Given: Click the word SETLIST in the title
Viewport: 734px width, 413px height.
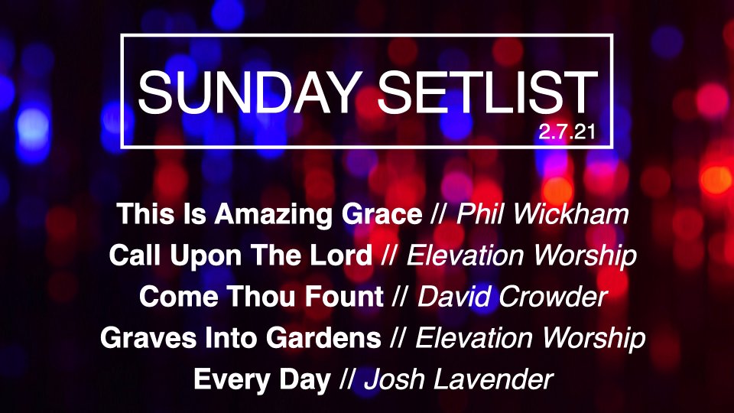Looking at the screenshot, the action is coord(487,93).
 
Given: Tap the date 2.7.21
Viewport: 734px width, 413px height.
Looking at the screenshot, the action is coord(567,132).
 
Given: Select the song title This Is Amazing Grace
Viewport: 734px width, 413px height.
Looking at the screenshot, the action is coord(270,214).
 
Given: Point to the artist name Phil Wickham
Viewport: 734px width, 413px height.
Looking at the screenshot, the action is coord(543,214).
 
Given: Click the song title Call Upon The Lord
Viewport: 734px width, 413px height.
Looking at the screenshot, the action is coord(241,255).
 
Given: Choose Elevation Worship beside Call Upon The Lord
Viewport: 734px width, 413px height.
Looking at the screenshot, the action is coord(521,255).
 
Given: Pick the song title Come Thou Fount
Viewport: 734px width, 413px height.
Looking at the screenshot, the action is coord(261,297).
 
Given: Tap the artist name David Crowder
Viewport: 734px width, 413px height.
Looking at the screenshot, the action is coord(512,297).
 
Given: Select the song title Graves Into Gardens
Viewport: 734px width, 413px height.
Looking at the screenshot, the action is coord(241,337).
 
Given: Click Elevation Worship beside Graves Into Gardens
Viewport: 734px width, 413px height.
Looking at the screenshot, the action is coord(531,338).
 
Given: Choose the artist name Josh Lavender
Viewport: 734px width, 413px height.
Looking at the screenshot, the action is coord(459,379).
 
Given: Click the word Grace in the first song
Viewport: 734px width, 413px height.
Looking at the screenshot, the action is coord(382,214).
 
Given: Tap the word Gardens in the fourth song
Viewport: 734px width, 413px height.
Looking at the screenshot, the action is coord(324,337).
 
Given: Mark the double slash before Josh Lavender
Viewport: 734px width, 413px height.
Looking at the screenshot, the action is coord(347,379).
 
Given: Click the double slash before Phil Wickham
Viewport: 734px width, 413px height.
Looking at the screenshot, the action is coord(439,214).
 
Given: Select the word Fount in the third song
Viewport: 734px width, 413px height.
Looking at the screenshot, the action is coord(344,297).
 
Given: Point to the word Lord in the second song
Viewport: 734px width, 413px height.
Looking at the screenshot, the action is coord(343,255).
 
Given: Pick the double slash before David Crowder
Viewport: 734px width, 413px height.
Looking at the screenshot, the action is coord(400,297).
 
